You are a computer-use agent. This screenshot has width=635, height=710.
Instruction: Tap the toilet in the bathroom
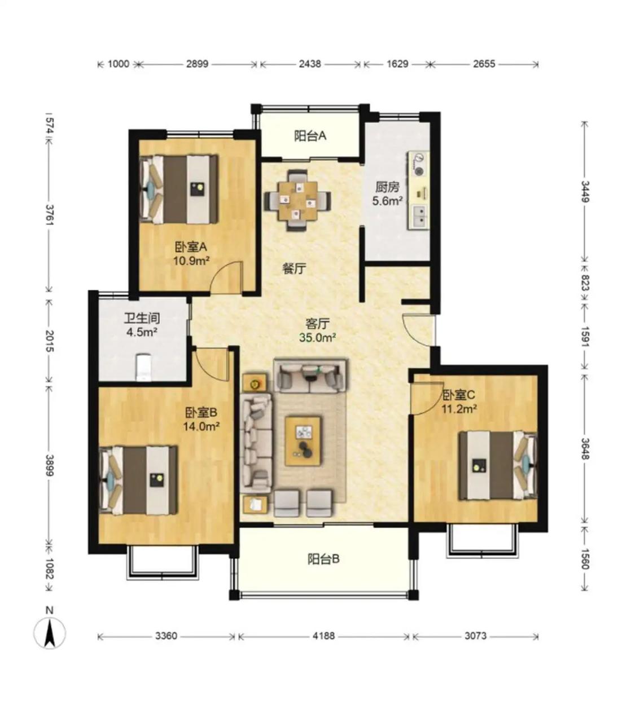click(143, 368)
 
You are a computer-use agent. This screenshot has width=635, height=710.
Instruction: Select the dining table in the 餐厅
click(297, 200)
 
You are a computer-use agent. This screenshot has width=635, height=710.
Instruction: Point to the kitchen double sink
click(420, 215)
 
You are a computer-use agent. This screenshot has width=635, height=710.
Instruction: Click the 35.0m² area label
click(317, 338)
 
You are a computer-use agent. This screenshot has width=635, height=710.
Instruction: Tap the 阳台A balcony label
click(310, 136)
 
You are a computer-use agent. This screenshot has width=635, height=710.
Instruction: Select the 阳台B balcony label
click(323, 559)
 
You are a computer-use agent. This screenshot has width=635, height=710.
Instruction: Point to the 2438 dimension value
click(310, 64)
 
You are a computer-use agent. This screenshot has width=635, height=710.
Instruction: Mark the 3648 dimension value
click(585, 449)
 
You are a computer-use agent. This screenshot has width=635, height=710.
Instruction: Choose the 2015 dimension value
click(50, 341)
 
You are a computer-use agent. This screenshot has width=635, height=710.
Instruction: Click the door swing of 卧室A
click(227, 277)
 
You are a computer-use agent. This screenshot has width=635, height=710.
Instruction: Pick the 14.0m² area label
click(202, 426)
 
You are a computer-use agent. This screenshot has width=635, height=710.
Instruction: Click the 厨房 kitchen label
click(387, 187)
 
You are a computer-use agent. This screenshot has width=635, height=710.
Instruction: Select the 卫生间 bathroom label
click(142, 318)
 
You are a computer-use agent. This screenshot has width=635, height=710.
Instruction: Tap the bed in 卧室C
click(498, 465)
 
